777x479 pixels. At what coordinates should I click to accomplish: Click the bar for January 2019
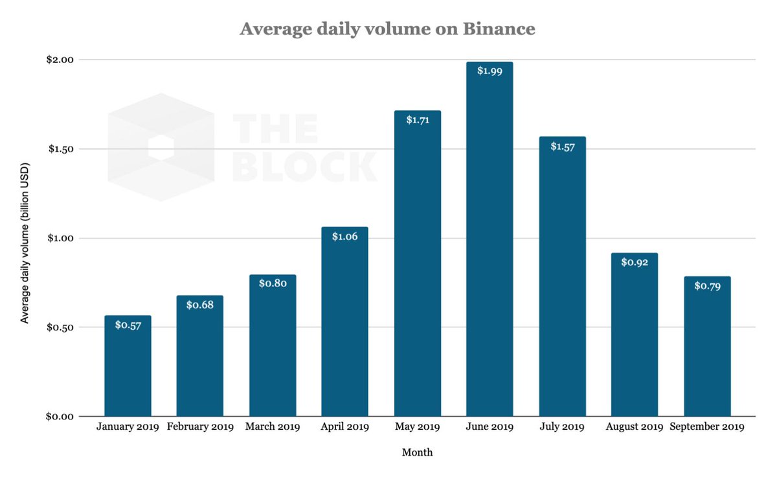tap(128, 369)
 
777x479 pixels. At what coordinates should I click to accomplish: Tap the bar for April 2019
tap(344, 324)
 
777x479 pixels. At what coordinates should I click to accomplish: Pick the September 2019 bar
tap(707, 350)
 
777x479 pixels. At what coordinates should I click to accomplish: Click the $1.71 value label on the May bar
tap(418, 120)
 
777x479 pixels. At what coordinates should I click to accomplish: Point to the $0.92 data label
tap(635, 263)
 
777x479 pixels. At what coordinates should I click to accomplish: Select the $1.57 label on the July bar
tap(562, 146)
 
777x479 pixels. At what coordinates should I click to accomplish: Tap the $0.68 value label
tap(199, 305)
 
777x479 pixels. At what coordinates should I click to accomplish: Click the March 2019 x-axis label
tap(273, 427)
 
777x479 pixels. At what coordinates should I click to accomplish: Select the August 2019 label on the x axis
tap(635, 427)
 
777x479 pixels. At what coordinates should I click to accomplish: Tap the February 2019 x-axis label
tap(200, 427)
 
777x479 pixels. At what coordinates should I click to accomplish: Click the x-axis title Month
tap(417, 452)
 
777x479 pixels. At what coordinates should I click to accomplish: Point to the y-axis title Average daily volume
tap(25, 240)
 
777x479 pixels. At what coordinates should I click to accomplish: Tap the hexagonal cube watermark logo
tap(161, 147)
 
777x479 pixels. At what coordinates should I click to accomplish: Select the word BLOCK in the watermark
tap(304, 167)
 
